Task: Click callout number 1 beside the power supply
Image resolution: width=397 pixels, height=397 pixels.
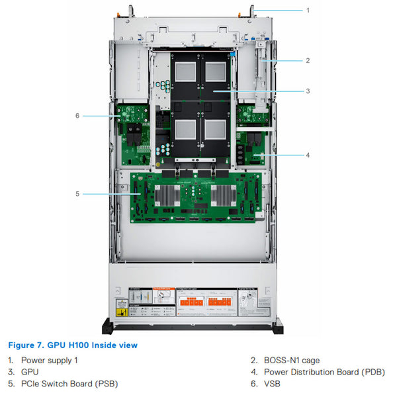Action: click(x=308, y=11)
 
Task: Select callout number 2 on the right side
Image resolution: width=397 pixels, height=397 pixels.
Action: click(x=308, y=60)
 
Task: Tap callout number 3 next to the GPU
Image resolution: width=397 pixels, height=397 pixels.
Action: click(x=308, y=91)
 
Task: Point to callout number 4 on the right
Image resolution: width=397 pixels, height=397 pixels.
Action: click(x=308, y=155)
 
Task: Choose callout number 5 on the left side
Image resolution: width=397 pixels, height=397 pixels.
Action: click(x=77, y=194)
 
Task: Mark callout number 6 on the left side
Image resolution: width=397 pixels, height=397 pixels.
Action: click(x=77, y=116)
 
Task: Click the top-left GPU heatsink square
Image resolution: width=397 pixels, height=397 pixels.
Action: click(x=187, y=72)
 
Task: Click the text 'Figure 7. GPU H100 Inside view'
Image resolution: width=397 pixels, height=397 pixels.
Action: click(x=73, y=345)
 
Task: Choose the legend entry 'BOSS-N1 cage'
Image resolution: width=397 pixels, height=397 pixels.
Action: click(x=290, y=360)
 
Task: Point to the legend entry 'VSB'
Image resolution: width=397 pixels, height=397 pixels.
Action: click(x=272, y=383)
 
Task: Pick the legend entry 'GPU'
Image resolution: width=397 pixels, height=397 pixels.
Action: click(x=30, y=372)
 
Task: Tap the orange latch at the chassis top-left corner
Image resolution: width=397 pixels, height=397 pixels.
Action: click(x=121, y=9)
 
